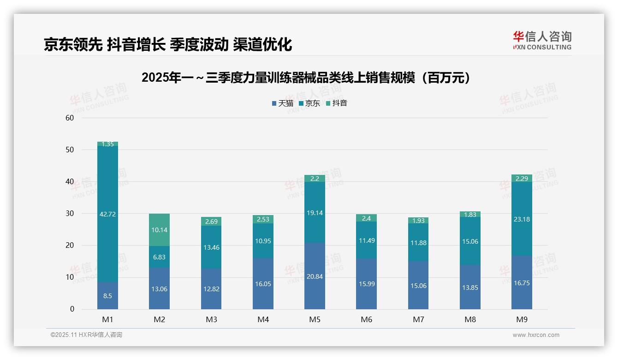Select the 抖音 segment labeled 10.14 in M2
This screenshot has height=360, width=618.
[159, 229]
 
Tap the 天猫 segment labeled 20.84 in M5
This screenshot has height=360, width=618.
[315, 276]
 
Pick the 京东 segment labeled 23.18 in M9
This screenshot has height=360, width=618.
[522, 219]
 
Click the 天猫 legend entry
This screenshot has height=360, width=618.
[282, 103]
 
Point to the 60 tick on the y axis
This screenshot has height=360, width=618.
[70, 118]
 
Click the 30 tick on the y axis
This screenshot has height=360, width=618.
[70, 214]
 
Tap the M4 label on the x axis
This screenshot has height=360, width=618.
[263, 319]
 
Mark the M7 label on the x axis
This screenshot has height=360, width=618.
[418, 319]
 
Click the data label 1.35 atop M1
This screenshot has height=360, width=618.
[107, 144]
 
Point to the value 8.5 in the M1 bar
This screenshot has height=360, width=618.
[107, 296]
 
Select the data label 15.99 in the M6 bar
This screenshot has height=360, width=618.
[367, 284]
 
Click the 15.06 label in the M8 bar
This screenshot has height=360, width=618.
[470, 241]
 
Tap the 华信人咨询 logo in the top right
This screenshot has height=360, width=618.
[542, 40]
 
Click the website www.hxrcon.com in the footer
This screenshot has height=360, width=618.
[536, 335]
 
